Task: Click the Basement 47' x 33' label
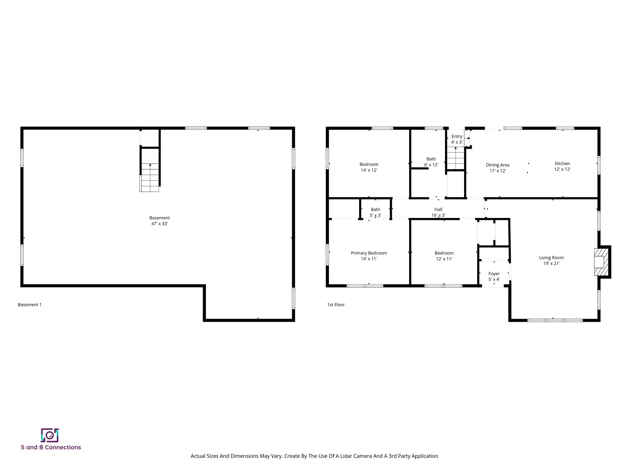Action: [159, 221]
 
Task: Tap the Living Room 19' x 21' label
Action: [551, 261]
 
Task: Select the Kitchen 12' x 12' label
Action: [562, 166]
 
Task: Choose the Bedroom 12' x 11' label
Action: [444, 256]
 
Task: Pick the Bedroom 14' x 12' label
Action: [369, 167]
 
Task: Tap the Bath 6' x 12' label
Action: [431, 162]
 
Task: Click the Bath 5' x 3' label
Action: [375, 212]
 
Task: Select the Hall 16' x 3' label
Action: [438, 212]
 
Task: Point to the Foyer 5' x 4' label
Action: [494, 276]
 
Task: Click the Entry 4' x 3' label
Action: [457, 139]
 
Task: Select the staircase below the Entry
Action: [455, 158]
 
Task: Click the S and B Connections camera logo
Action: [50, 435]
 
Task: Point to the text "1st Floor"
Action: [336, 305]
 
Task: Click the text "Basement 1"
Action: [29, 305]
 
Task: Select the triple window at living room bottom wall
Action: [555, 320]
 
